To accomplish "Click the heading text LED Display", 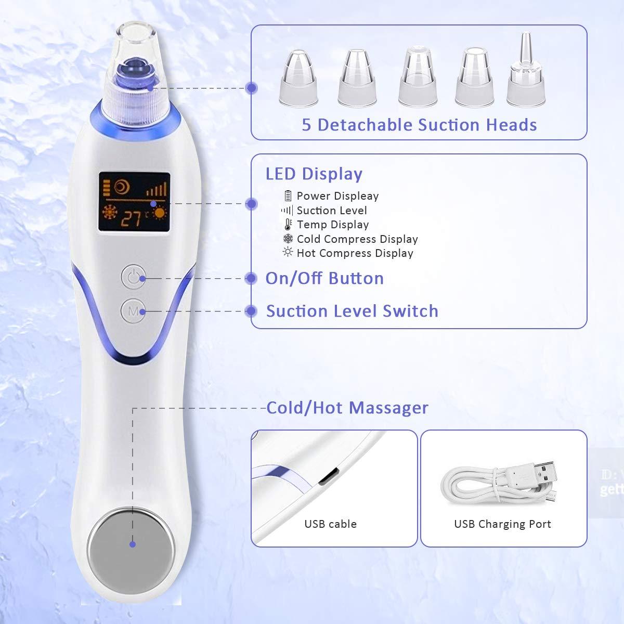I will pyautogui.click(x=314, y=174).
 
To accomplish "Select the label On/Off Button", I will pyautogui.click(x=324, y=278).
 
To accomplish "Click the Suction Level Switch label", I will pyautogui.click(x=352, y=311).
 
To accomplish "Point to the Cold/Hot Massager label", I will pyautogui.click(x=347, y=408).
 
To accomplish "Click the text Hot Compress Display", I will pyautogui.click(x=355, y=253).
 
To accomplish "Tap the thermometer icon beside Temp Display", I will pyautogui.click(x=288, y=225).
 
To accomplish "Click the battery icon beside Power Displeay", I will pyautogui.click(x=288, y=196).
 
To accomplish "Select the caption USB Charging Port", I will pyautogui.click(x=502, y=524).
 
